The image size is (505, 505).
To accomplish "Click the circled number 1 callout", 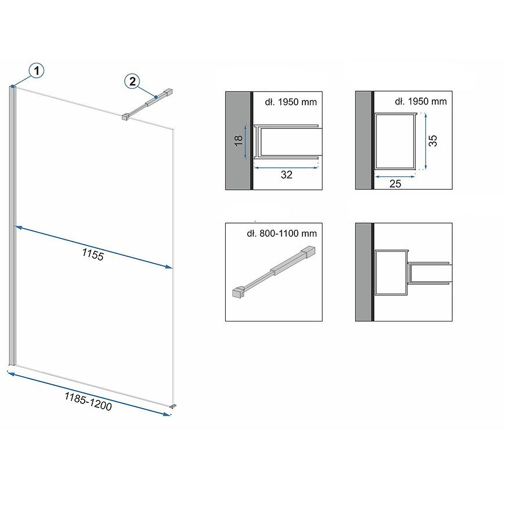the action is [37, 71].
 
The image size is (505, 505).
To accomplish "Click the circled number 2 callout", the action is [132, 81].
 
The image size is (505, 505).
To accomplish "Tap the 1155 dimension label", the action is [93, 254].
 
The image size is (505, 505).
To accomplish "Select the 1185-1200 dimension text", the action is [88, 402].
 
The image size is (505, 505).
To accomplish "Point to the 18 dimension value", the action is [239, 140].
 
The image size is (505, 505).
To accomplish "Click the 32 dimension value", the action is [286, 175].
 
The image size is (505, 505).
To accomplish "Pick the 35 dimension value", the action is [433, 140].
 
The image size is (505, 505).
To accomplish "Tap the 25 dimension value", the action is [395, 183].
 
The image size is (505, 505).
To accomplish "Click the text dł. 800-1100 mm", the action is [282, 233].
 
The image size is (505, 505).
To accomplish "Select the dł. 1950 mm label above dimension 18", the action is [291, 102].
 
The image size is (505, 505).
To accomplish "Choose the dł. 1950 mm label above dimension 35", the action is [421, 101].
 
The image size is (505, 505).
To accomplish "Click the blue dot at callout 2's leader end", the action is [156, 96].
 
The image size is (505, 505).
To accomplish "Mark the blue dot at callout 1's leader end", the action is [13, 86].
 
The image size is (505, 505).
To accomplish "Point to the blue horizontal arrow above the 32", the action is [286, 168].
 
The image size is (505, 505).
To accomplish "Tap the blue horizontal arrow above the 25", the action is [395, 176].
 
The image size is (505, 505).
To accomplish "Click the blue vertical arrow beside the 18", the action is [246, 142].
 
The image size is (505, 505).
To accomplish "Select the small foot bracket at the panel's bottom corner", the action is [174, 406].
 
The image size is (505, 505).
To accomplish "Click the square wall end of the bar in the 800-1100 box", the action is [308, 251].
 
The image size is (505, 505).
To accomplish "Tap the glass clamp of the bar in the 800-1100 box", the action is [239, 291].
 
